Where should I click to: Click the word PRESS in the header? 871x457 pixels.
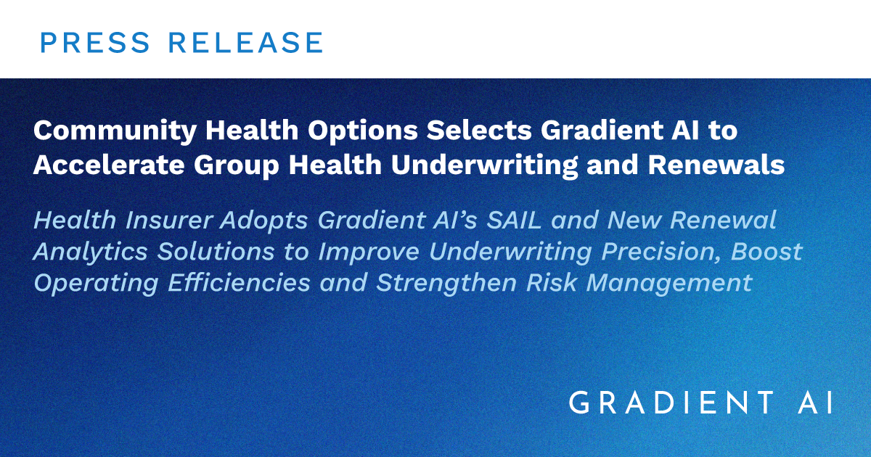tap(95, 42)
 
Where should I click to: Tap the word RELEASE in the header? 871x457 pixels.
tap(245, 42)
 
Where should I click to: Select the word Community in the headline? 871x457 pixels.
tap(115, 132)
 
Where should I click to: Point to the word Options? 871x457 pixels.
tap(363, 132)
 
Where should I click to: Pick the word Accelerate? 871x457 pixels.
tap(109, 165)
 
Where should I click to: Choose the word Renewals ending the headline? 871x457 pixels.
tap(716, 165)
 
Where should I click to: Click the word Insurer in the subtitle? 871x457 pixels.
tap(168, 220)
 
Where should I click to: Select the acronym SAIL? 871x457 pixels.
tap(514, 220)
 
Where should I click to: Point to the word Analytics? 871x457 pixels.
tap(91, 252)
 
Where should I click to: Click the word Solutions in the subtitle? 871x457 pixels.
tap(216, 251)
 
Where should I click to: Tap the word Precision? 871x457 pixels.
tap(661, 252)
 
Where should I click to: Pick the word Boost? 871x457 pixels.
tap(766, 251)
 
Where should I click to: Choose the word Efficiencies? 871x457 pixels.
tap(239, 282)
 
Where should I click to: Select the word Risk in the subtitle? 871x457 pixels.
tap(552, 282)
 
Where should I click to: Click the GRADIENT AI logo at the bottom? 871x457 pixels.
tap(700, 403)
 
